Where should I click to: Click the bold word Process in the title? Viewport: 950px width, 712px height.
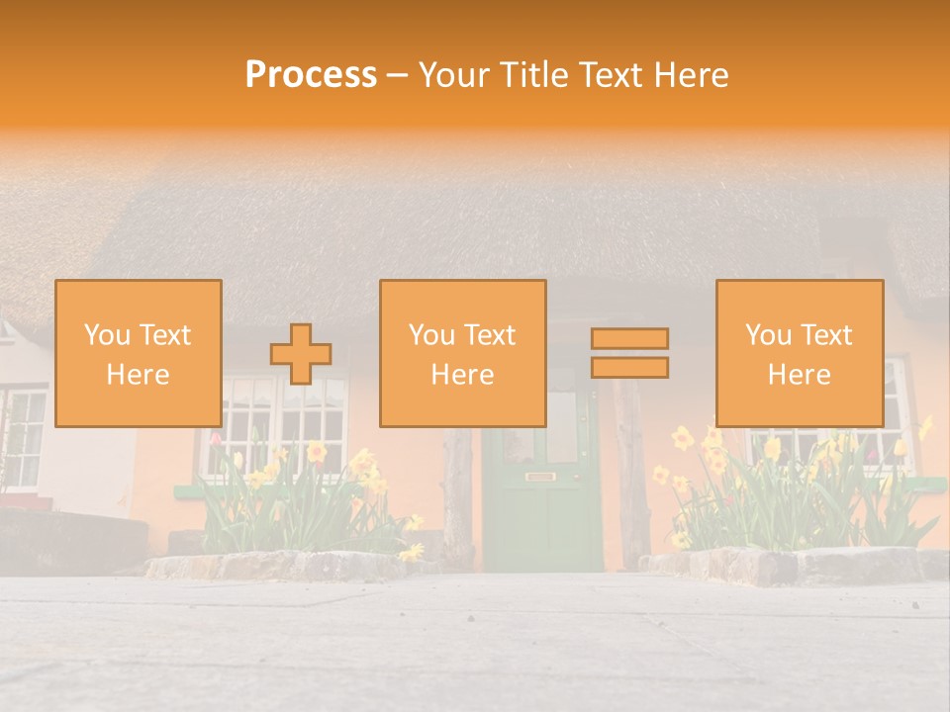tap(311, 75)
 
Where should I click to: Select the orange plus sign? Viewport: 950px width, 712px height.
tap(301, 354)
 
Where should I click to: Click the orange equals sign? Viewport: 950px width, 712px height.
tap(629, 353)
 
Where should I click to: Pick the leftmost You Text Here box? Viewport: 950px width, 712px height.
tap(139, 353)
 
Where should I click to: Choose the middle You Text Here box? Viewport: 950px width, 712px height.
tap(462, 353)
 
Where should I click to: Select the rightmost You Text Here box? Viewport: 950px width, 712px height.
tap(799, 353)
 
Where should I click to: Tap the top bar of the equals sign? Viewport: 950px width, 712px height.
tap(629, 338)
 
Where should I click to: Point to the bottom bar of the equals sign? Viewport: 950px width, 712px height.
tap(629, 368)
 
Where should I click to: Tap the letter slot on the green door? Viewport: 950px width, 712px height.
tap(539, 478)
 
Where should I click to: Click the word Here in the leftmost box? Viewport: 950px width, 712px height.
tap(139, 375)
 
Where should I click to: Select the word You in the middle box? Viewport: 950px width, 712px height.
tap(431, 335)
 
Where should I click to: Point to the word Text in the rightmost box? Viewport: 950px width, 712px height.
tap(828, 335)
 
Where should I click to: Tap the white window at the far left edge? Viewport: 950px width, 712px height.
tap(22, 435)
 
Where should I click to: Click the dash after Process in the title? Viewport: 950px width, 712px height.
tap(398, 75)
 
